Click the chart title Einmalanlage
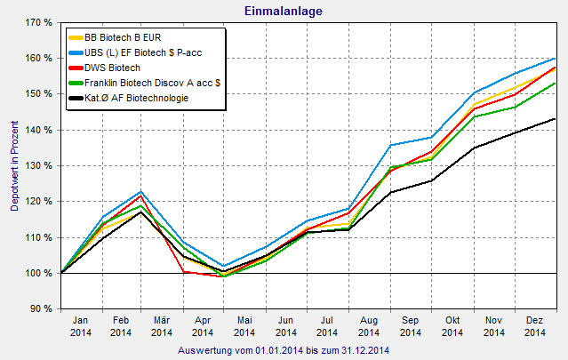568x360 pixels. pyautogui.click(x=284, y=10)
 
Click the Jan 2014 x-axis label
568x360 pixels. pyautogui.click(x=79, y=326)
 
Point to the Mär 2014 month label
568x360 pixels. pyautogui.click(x=162, y=326)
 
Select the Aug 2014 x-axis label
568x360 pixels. pyautogui.click(x=369, y=326)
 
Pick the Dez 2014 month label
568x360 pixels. pyautogui.click(x=535, y=326)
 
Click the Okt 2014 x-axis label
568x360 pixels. pyautogui.click(x=452, y=326)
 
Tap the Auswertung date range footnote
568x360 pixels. pyautogui.click(x=284, y=349)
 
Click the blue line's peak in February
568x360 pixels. pyautogui.click(x=141, y=192)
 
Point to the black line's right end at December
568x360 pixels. pyautogui.click(x=556, y=119)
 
